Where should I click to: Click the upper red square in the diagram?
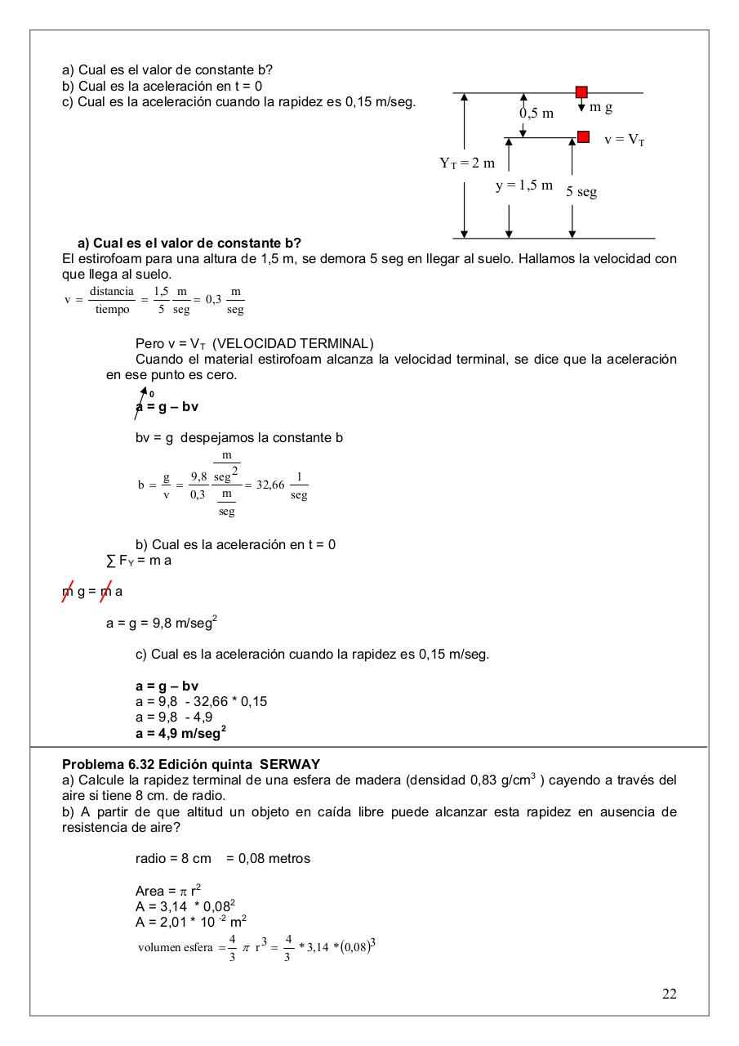(x=581, y=92)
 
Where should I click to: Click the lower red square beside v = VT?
(x=583, y=136)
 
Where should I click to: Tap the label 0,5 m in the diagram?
(x=536, y=114)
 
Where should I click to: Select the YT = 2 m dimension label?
(x=467, y=163)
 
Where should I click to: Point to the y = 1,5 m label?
(x=524, y=186)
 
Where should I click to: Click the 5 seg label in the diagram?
(x=581, y=192)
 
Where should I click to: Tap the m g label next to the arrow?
(x=601, y=107)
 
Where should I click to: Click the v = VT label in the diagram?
(x=625, y=140)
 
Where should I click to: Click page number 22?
(x=669, y=994)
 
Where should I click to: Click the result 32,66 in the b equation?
(x=269, y=485)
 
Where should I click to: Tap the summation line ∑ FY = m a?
(x=139, y=561)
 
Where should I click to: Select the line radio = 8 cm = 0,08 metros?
(x=222, y=858)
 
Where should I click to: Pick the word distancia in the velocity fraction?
(x=112, y=292)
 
